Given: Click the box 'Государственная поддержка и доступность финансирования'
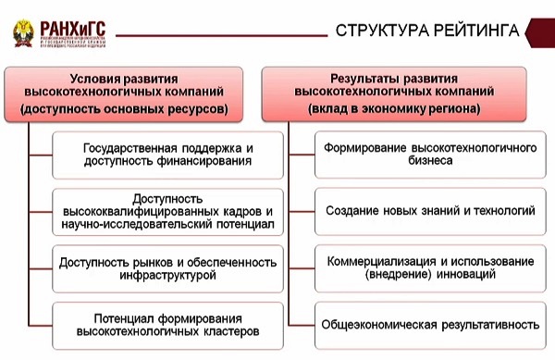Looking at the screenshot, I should pyautogui.click(x=167, y=155).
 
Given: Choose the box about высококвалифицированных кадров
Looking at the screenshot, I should pyautogui.click(x=167, y=212).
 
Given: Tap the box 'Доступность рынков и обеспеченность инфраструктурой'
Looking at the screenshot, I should pyautogui.click(x=167, y=268).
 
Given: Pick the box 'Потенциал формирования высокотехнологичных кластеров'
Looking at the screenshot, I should pyautogui.click(x=167, y=324).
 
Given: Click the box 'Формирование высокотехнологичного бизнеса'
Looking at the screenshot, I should pyautogui.click(x=430, y=155).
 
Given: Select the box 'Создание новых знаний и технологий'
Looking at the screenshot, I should pyautogui.click(x=430, y=211).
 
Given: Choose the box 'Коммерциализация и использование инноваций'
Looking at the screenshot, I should pyautogui.click(x=430, y=267).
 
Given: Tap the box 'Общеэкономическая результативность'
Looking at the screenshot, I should pyautogui.click(x=430, y=325).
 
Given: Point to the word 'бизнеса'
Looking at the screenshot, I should pyautogui.click(x=430, y=162).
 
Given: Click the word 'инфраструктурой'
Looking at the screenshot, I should pyautogui.click(x=167, y=276).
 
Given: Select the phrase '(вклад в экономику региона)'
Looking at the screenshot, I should pyautogui.click(x=401, y=109).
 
